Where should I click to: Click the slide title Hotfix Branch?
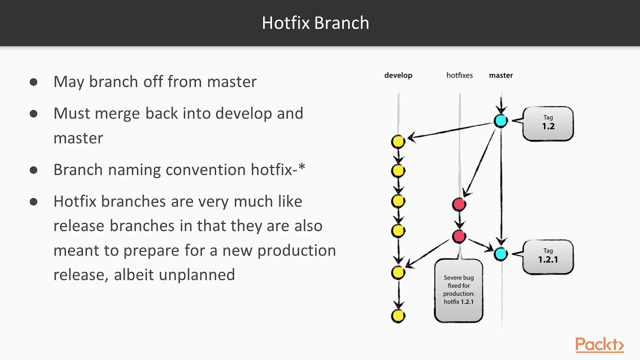point(315,23)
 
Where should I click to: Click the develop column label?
point(398,75)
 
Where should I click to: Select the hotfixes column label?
point(459,75)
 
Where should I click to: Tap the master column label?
point(500,75)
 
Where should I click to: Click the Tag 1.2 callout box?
point(548,123)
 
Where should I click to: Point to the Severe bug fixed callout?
point(458,290)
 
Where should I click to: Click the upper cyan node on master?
point(500,120)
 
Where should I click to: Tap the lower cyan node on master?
point(500,253)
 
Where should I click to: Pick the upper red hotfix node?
point(459,204)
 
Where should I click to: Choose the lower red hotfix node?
point(459,236)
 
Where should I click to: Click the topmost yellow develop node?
point(398,141)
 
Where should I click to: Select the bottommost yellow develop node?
point(398,315)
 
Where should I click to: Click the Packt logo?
point(599,345)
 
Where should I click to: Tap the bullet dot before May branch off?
point(33,81)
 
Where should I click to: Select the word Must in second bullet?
point(72,113)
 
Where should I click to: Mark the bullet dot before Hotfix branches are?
point(33,201)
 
